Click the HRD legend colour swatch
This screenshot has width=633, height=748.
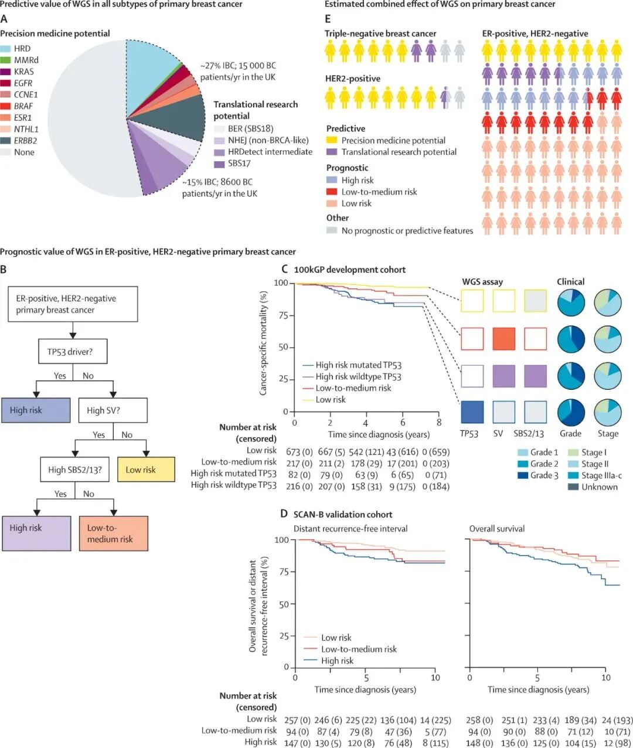coord(6,49)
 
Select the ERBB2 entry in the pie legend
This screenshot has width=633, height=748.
coord(25,141)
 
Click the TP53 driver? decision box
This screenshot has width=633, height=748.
coord(73,352)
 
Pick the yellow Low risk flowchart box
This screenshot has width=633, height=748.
coord(146,470)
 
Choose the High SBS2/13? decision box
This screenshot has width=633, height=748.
coord(74,470)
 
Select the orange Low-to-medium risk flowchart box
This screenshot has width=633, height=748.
coord(113,533)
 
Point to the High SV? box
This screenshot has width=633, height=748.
coord(113,410)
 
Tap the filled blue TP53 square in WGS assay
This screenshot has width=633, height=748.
coord(472,412)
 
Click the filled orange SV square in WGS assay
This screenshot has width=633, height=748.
coord(503,339)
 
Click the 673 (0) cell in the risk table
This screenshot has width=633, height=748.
coord(300,451)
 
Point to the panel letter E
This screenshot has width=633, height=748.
coord(328,19)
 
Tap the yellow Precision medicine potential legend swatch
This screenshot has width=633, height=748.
coord(332,141)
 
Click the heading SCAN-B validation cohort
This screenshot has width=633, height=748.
coord(342,514)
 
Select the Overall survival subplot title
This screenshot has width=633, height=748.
coord(496,529)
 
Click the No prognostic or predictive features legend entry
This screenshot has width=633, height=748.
coord(407,231)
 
